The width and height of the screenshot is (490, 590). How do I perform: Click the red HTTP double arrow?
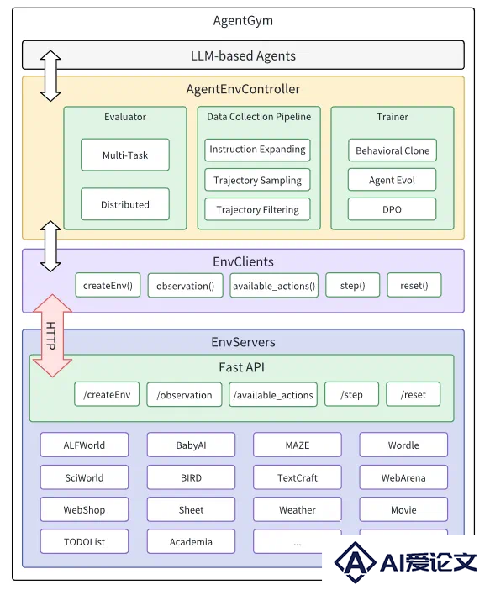coord(52,335)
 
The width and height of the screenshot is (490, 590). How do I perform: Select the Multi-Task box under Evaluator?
coord(125,155)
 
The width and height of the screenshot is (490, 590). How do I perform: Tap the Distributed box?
coord(125,204)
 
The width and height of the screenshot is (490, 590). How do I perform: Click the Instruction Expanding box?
coord(257,150)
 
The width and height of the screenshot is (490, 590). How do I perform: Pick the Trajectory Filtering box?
coord(257,209)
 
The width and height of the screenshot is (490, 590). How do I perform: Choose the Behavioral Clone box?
coord(393,150)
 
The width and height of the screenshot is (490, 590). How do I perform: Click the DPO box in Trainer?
coord(393,209)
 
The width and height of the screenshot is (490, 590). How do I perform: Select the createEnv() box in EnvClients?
coord(108,285)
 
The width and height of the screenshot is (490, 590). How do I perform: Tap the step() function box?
coord(353,285)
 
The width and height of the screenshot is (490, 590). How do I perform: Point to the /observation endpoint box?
coord(184,394)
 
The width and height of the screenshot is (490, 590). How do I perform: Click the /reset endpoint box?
coord(414,394)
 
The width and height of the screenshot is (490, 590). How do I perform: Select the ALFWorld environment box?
coord(84,445)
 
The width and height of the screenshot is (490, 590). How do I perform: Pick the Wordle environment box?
coord(403,445)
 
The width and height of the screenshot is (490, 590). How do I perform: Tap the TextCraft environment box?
coord(298,477)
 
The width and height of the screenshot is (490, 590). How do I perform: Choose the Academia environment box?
coord(191,541)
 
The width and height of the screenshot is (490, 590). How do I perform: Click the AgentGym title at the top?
coord(243,20)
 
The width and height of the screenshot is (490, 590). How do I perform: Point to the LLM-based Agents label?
coord(243,55)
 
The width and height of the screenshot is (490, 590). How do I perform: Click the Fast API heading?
coord(241,367)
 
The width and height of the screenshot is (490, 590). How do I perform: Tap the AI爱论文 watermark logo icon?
coord(355,561)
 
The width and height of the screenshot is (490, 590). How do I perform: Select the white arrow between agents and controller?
coord(50,76)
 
